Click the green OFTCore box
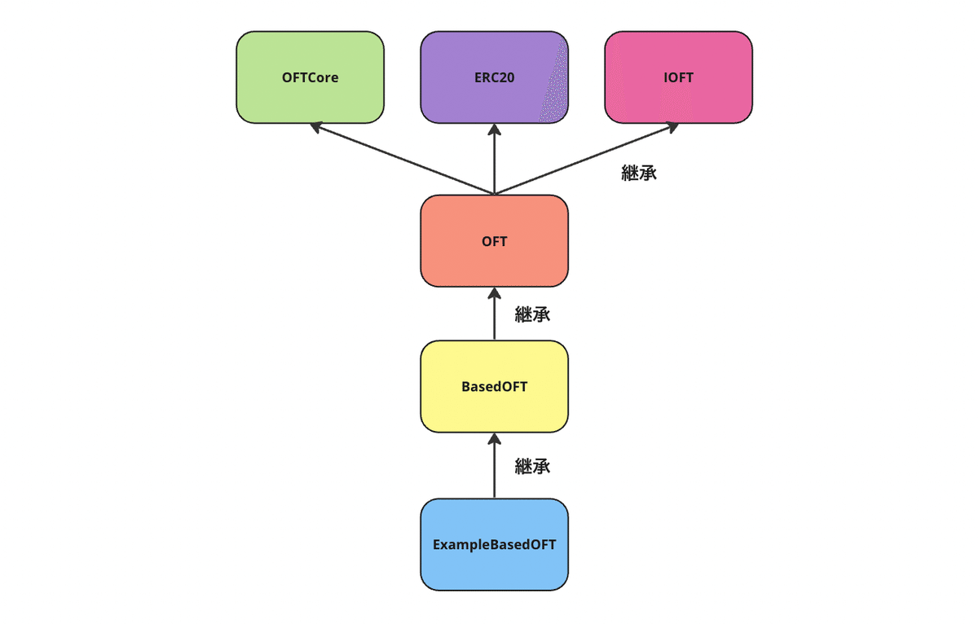point(310,77)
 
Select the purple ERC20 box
point(494,77)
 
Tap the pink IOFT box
point(678,77)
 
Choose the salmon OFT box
point(494,241)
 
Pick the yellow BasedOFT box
point(494,387)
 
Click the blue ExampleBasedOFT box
point(494,545)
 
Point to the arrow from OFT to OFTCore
point(402,158)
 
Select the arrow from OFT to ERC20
point(494,160)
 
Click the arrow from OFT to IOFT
point(587,158)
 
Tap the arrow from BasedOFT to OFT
point(494,314)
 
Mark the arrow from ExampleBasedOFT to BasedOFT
point(494,466)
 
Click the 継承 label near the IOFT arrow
point(639,173)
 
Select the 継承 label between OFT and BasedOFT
point(532,314)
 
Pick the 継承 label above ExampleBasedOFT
point(532,466)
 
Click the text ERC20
point(494,77)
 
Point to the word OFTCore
point(310,77)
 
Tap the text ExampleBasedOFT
point(494,545)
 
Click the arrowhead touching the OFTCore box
point(315,127)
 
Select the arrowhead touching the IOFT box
point(673,127)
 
